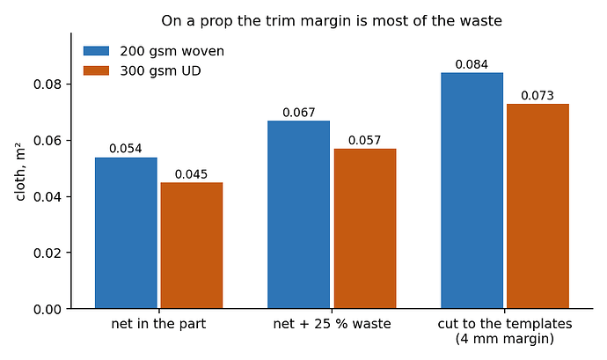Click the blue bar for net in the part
(x=126, y=233)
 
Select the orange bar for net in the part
(x=192, y=246)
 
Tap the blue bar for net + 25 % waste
(x=299, y=215)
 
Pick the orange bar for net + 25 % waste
(x=365, y=229)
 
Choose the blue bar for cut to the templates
(x=472, y=191)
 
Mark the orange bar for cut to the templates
(x=538, y=206)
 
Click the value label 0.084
(x=472, y=64)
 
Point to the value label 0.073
(x=538, y=95)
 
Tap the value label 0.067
(x=299, y=113)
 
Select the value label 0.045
(x=191, y=174)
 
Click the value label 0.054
(x=126, y=149)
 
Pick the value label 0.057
(x=365, y=140)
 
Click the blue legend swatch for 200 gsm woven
(x=97, y=51)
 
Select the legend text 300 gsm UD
(x=160, y=71)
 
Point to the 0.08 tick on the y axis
(x=69, y=84)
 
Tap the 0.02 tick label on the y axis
(x=48, y=253)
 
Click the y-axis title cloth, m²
(x=20, y=172)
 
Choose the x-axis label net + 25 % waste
(x=333, y=324)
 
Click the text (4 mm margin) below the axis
(x=505, y=339)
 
